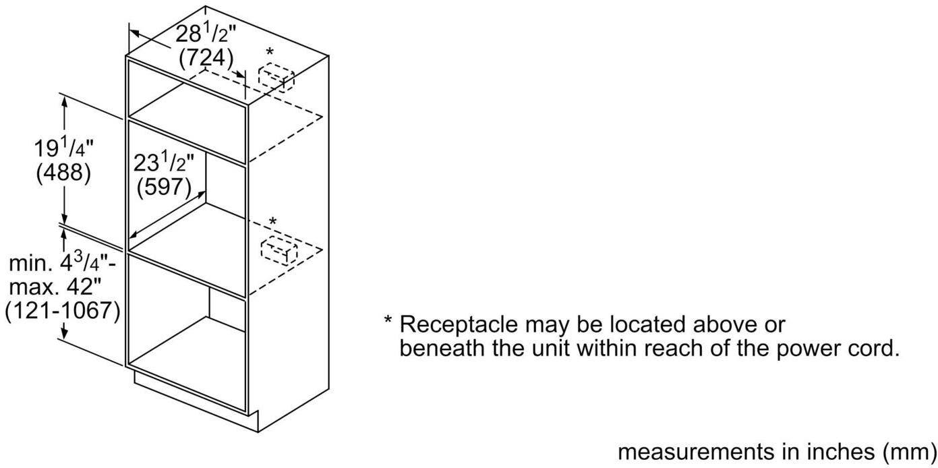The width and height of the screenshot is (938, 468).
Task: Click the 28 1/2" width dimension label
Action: point(206,34)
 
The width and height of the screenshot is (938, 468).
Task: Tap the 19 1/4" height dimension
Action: point(63,148)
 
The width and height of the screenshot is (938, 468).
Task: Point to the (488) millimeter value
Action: point(63,173)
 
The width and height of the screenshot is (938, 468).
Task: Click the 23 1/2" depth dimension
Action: point(164,163)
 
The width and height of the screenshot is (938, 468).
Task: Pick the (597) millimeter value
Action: point(164,187)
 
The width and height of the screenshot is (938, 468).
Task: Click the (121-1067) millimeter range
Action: point(63,311)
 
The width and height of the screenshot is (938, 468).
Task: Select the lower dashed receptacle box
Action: point(279,250)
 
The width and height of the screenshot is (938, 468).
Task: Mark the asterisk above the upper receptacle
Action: point(270,52)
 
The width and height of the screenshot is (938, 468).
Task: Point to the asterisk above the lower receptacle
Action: point(273,221)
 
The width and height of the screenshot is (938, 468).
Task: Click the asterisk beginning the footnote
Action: point(388,321)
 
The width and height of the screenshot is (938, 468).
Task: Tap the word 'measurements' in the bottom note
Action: point(695,452)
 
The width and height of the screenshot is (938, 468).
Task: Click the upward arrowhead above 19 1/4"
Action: point(65,102)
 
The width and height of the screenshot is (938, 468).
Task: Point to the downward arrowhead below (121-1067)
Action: point(65,332)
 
